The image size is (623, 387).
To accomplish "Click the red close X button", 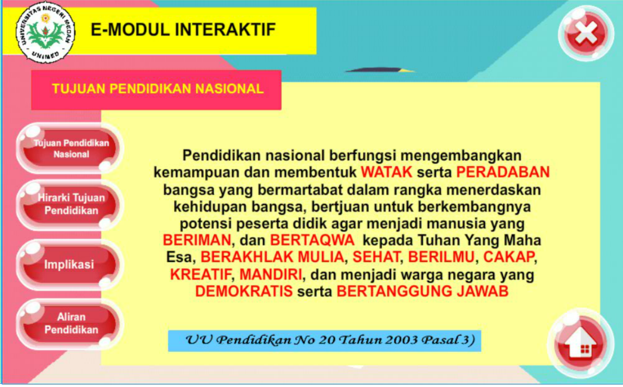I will coord(586,33).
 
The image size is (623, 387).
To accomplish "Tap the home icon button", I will coord(581,343).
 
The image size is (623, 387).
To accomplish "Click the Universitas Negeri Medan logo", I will coord(46,32).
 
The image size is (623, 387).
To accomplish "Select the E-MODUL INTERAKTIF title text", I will coord(183,30).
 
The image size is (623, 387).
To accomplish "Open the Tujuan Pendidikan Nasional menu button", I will coord(70,148).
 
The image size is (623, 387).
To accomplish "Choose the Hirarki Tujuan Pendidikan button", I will coord(70,204).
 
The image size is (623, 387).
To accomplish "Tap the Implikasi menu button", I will coord(69,265).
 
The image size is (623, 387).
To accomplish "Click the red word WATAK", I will coord(386,172).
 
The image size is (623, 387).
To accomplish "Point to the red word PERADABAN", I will coord(503,172).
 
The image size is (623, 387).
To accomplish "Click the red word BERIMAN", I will coord(197,240).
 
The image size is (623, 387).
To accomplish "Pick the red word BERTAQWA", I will coord(312,240).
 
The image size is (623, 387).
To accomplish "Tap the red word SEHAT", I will coord(376,257).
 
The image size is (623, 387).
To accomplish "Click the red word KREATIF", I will coord(201,275).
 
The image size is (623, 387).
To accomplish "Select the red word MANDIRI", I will coord(271,275).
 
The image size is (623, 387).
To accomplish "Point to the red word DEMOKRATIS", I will coord(244,292).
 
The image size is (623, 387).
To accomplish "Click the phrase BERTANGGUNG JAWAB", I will coord(422,292).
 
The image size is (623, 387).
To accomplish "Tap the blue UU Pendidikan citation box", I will coord(324,341).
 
